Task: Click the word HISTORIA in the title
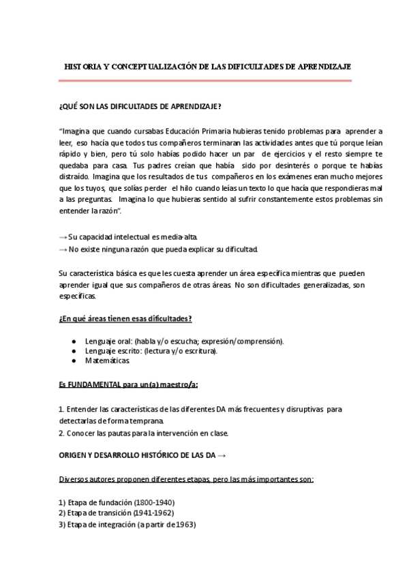point(83,67)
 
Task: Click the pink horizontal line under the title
point(204,80)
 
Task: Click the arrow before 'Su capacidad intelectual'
point(63,237)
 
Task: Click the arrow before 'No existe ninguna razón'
point(63,249)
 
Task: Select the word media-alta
point(179,237)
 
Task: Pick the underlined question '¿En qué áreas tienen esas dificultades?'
point(125,319)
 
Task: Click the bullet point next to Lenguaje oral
point(74,341)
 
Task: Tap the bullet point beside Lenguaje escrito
point(74,351)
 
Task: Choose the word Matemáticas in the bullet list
point(108,361)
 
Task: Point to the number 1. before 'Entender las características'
point(61,409)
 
